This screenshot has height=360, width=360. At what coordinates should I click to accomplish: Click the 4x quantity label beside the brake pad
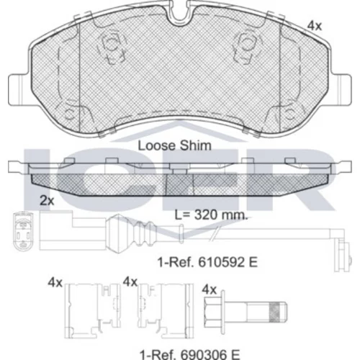(315, 26)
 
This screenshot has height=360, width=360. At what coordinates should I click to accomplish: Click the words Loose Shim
(174, 145)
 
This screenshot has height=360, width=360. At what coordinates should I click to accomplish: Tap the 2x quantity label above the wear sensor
(47, 201)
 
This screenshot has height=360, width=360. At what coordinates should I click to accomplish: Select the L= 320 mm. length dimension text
(211, 215)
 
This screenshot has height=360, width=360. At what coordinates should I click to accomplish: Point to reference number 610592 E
(207, 262)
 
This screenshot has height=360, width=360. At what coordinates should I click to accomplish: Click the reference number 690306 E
(190, 354)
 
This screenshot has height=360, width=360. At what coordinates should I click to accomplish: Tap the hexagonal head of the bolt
(212, 312)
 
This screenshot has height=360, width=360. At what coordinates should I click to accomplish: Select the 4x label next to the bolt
(209, 289)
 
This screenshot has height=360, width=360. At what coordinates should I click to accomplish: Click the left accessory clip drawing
(92, 311)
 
